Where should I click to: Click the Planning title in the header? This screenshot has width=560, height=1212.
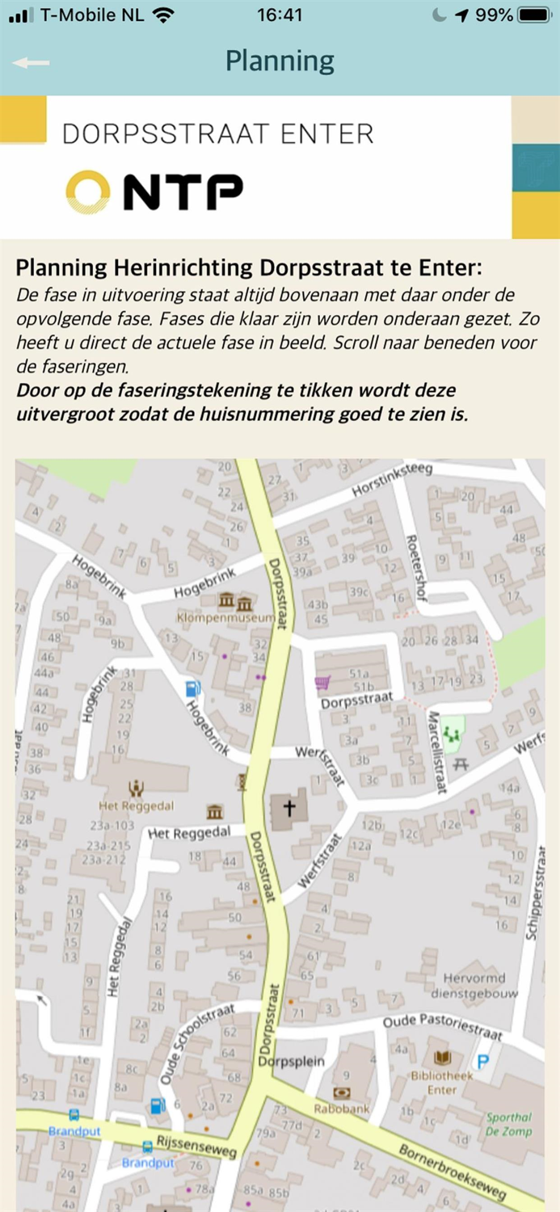(x=280, y=61)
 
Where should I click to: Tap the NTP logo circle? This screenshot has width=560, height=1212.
(x=87, y=192)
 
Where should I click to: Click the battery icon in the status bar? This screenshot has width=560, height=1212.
(x=534, y=15)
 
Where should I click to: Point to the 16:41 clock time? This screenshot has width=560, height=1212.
(x=280, y=15)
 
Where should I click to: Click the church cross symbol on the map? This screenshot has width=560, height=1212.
(x=288, y=807)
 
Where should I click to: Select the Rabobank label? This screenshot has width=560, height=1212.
(x=341, y=1109)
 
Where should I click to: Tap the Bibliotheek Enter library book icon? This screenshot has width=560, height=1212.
(x=443, y=1058)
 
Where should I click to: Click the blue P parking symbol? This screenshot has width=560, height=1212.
(x=483, y=1062)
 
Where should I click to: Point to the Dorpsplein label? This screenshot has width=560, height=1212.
(x=291, y=1061)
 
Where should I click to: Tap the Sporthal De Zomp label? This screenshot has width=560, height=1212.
(x=509, y=1124)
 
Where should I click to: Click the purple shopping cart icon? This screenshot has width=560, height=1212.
(x=322, y=684)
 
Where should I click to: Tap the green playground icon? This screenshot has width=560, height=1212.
(x=451, y=734)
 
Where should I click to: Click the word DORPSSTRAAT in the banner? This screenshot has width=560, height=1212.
(x=148, y=134)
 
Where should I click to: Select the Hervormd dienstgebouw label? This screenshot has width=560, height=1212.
(x=474, y=985)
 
